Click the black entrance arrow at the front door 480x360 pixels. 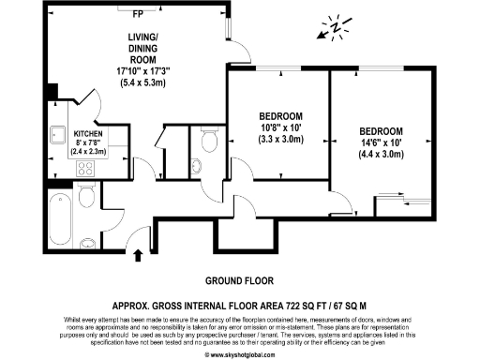coord(139,254)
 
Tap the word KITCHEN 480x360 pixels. coord(90,134)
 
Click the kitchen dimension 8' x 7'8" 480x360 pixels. coord(90,142)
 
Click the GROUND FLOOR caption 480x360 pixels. coord(240,280)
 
